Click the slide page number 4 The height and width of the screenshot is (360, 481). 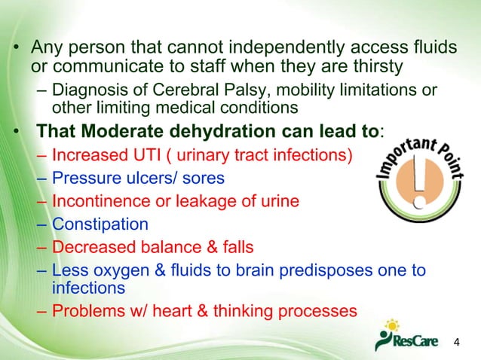pos(456,343)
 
